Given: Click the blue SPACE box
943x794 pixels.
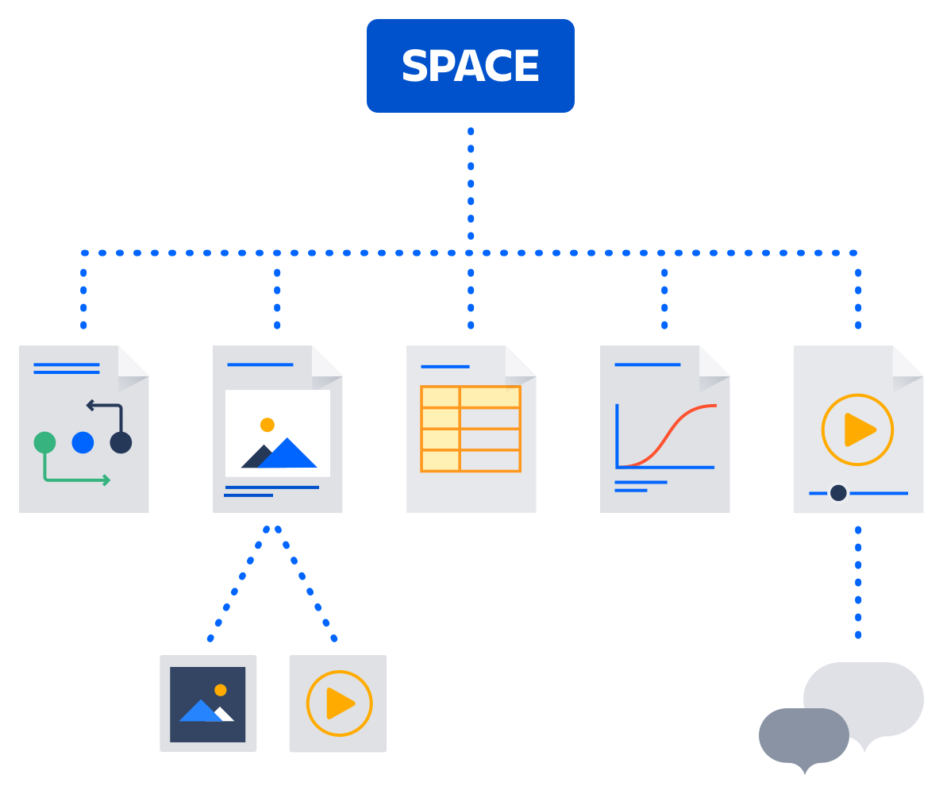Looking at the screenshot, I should pyautogui.click(x=470, y=66).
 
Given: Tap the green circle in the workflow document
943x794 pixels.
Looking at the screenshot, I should pyautogui.click(x=44, y=442).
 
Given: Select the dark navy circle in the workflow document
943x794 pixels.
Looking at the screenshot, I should pyautogui.click(x=121, y=442).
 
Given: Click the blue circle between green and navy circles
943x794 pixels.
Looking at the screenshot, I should pyautogui.click(x=83, y=442).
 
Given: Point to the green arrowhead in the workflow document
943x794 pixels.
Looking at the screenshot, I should pyautogui.click(x=106, y=480).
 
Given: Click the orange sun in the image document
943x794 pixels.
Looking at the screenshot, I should pyautogui.click(x=268, y=425).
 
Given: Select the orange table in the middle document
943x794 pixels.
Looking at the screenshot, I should pyautogui.click(x=471, y=429).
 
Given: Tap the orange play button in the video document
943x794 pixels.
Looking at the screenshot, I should pyautogui.click(x=857, y=430).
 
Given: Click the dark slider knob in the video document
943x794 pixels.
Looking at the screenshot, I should pyautogui.click(x=838, y=493).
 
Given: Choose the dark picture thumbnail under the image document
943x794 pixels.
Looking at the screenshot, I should pyautogui.click(x=208, y=703).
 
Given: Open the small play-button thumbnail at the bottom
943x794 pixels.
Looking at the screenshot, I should pyautogui.click(x=339, y=703).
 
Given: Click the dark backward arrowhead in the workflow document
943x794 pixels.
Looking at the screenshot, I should pyautogui.click(x=90, y=406).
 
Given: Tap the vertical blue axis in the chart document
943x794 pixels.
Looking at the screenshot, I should pyautogui.click(x=618, y=435).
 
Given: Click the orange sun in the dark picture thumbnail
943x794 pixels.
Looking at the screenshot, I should pyautogui.click(x=221, y=690).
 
